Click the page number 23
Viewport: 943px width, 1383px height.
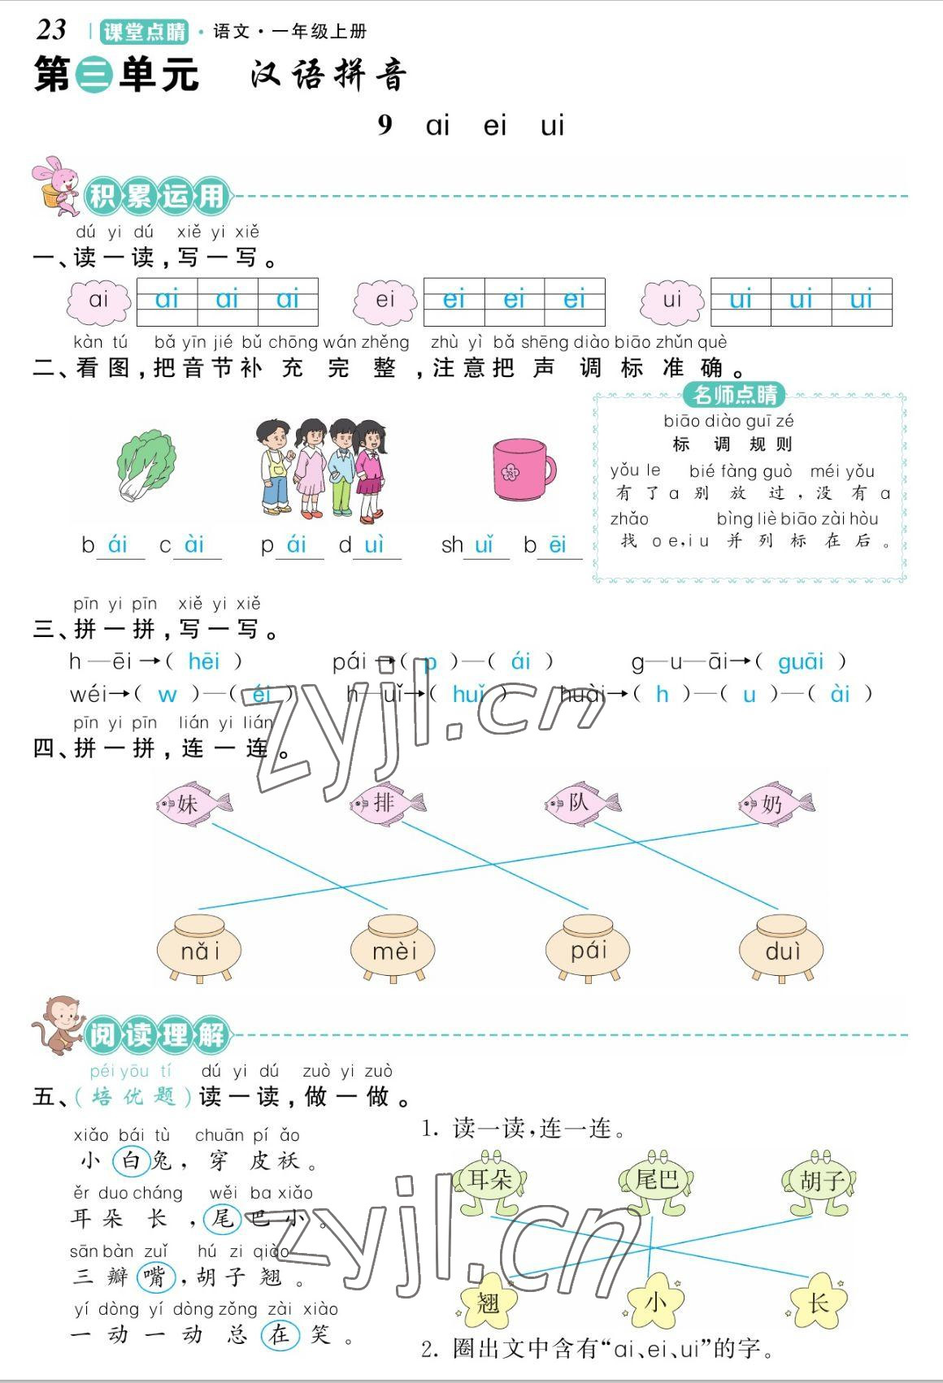[x=51, y=30]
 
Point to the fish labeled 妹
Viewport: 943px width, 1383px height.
[x=193, y=804]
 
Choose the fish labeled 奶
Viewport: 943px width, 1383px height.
[x=776, y=804]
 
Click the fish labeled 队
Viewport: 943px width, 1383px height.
[x=581, y=803]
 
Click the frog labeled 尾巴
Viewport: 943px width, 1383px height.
[x=657, y=1180]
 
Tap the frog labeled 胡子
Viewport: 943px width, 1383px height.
[x=821, y=1181]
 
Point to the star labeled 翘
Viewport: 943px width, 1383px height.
[x=488, y=1303]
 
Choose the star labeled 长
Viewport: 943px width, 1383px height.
[x=818, y=1303]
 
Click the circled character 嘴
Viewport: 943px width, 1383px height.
[x=154, y=1277]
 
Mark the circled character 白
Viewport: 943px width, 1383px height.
[x=131, y=1160]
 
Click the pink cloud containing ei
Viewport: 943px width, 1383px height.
[x=385, y=300]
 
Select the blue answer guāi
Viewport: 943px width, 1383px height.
[x=801, y=662]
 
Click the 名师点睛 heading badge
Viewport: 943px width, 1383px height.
[x=735, y=396]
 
